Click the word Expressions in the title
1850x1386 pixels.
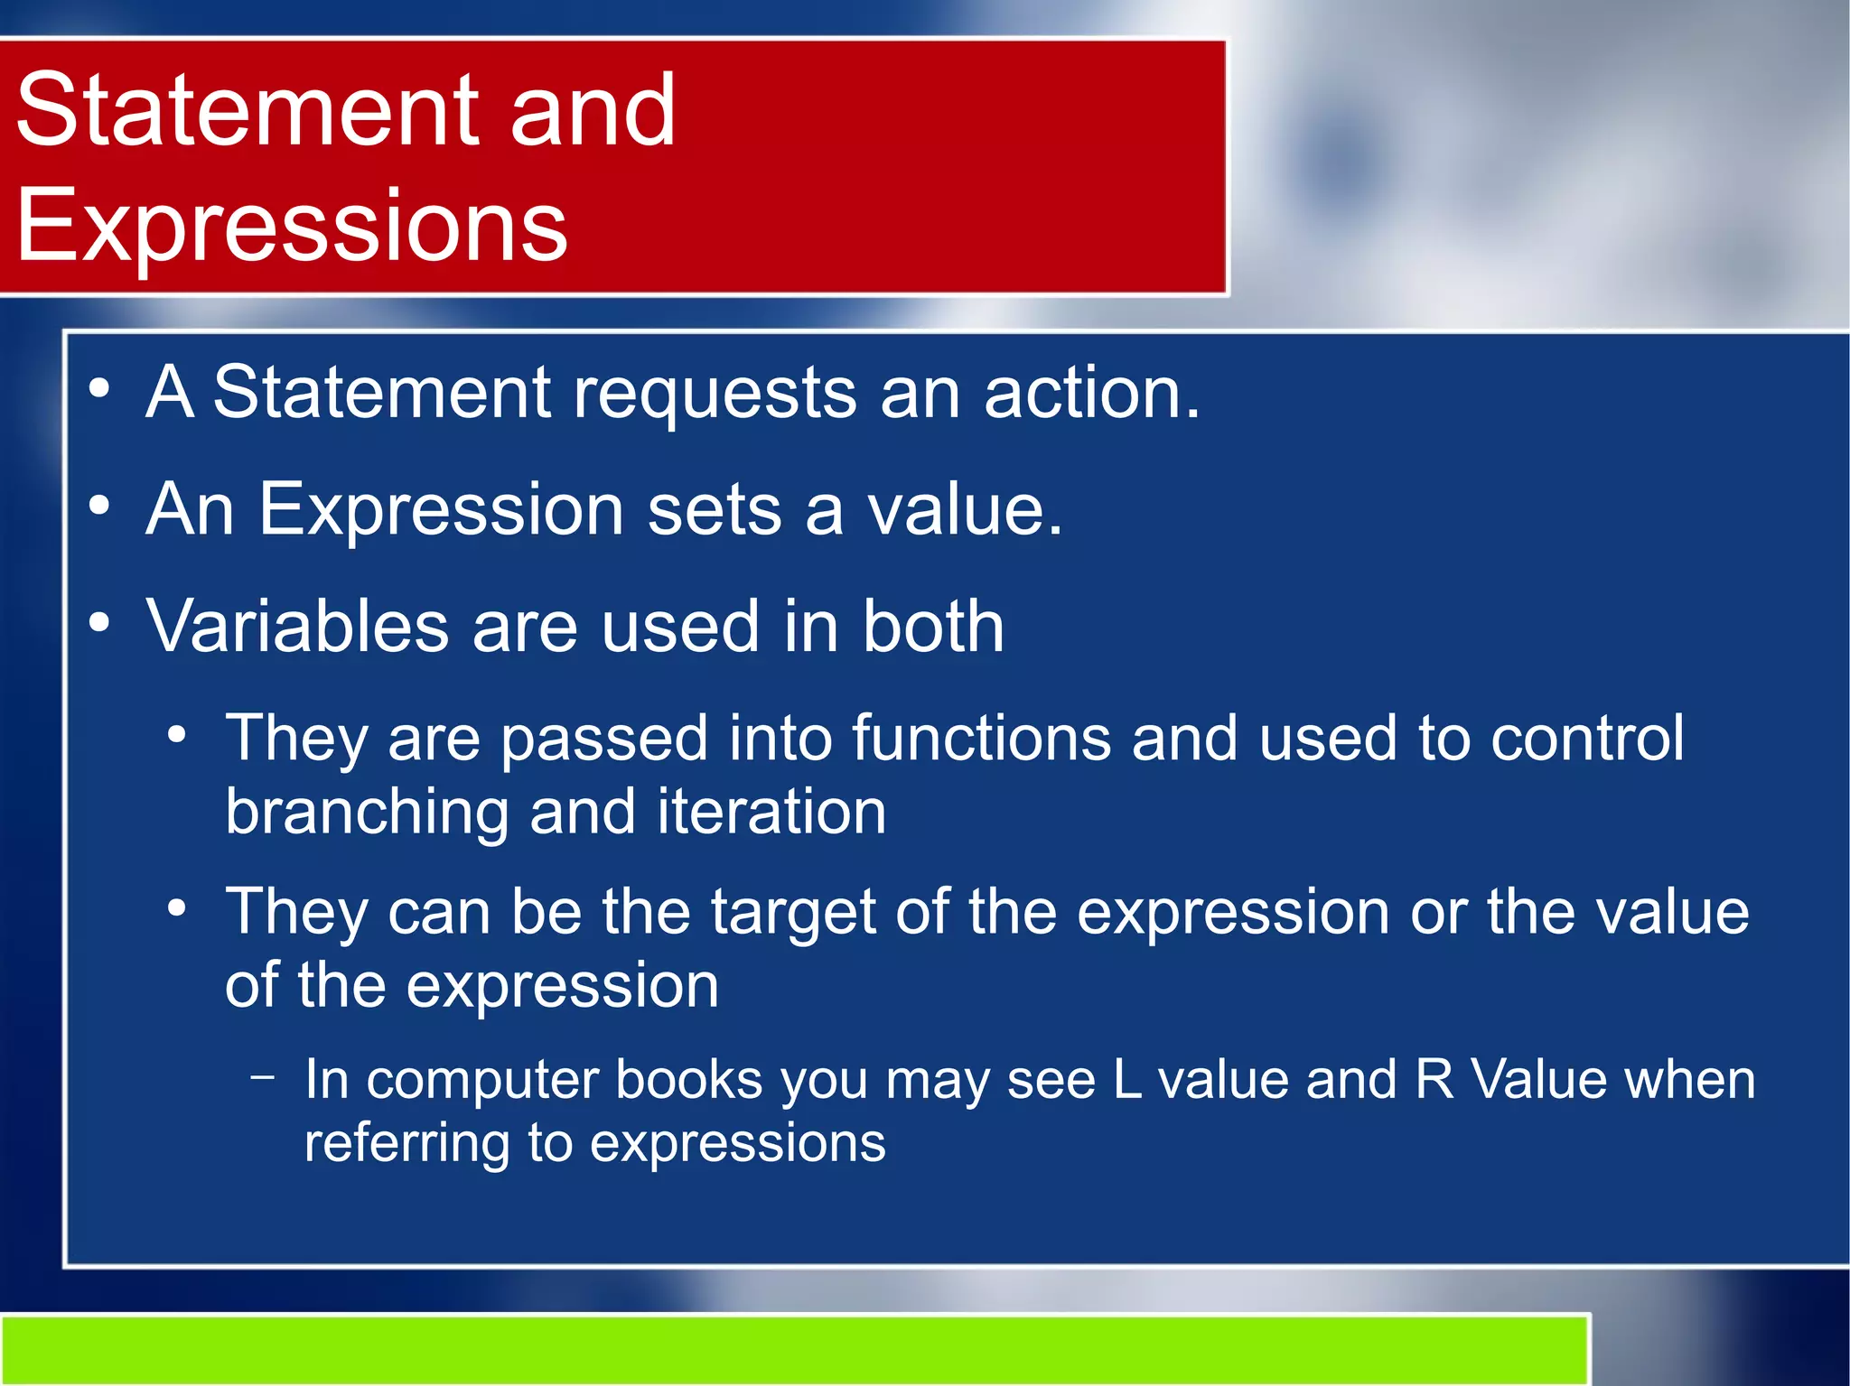[x=291, y=226]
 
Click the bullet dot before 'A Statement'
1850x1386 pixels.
[x=99, y=390]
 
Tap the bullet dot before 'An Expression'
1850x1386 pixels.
[x=99, y=507]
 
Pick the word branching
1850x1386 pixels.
[x=366, y=812]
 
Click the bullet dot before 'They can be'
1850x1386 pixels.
[x=177, y=908]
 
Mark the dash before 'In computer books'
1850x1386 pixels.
[x=263, y=1076]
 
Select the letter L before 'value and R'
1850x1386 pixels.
[x=1126, y=1080]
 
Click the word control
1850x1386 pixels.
[x=1586, y=739]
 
